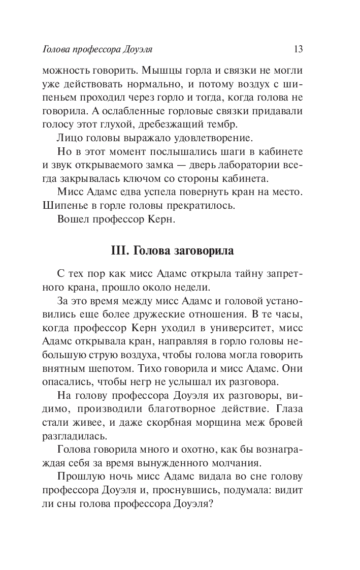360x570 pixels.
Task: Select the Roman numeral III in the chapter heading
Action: click(118, 251)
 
